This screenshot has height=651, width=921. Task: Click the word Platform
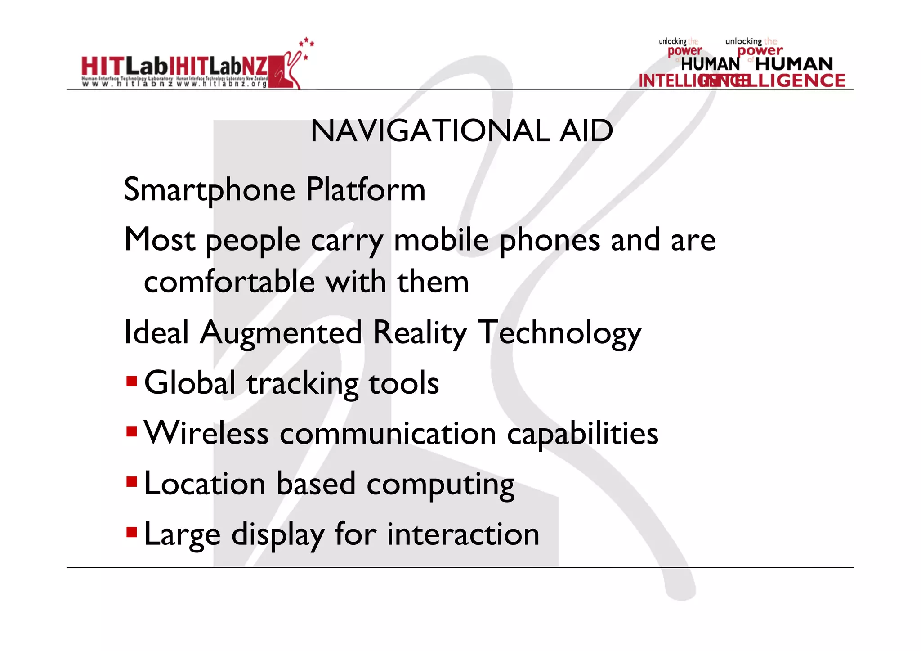pyautogui.click(x=365, y=190)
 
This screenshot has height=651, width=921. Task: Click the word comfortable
pyautogui.click(x=229, y=282)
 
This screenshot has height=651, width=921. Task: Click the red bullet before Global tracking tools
pyautogui.click(x=131, y=382)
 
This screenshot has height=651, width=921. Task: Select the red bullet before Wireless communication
pyautogui.click(x=131, y=432)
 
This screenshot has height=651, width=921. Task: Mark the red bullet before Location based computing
pyautogui.click(x=131, y=482)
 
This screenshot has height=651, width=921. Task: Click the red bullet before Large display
pyautogui.click(x=131, y=533)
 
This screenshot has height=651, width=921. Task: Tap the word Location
pyautogui.click(x=205, y=484)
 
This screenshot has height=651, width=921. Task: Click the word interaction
pyautogui.click(x=463, y=534)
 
